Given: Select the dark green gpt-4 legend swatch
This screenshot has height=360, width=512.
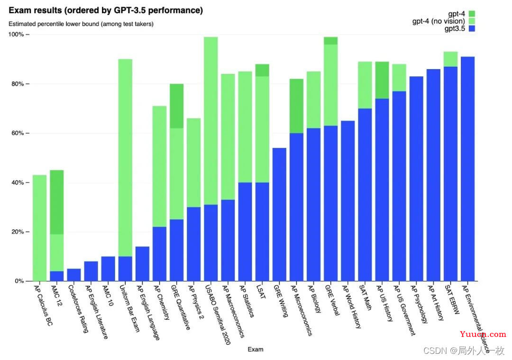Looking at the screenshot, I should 472,14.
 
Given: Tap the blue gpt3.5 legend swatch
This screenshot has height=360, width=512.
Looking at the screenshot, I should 472,29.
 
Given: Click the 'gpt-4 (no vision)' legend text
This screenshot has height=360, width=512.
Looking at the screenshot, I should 439,21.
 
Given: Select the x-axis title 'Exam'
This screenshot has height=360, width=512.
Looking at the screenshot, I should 255,350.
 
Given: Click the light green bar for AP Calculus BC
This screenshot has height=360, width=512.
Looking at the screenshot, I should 39,228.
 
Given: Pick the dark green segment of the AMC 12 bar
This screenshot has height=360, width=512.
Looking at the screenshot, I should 57,202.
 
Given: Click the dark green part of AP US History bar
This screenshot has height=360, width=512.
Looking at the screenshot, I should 382,80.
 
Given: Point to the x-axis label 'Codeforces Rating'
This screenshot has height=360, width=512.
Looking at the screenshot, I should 78,308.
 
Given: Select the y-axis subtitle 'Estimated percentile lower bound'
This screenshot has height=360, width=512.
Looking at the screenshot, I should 81,24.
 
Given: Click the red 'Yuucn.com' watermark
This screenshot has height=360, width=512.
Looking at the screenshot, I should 483,334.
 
